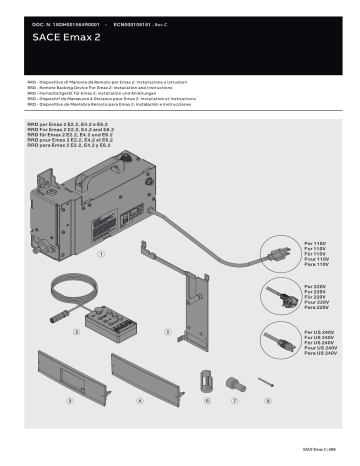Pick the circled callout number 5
click(168, 329)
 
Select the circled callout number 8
click(268, 397)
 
